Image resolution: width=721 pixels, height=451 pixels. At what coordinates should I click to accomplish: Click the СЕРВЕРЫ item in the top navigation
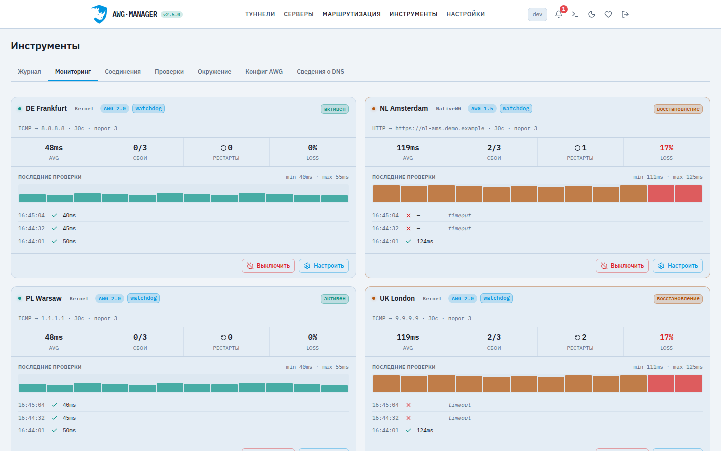(x=299, y=14)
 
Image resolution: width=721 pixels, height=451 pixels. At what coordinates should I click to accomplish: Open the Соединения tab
(x=123, y=72)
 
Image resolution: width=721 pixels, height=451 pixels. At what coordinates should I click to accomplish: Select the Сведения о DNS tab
(x=320, y=72)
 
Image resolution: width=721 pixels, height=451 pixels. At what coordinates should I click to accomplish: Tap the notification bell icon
(x=559, y=14)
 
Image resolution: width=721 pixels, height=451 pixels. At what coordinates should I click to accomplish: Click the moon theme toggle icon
(x=592, y=14)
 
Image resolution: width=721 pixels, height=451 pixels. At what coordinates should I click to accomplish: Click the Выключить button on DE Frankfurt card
(x=268, y=266)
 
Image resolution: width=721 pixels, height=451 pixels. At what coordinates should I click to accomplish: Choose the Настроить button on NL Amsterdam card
(x=678, y=266)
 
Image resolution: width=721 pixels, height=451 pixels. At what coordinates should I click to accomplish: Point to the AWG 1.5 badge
(x=482, y=109)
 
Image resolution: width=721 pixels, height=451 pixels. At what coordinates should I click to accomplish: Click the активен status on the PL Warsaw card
(x=335, y=298)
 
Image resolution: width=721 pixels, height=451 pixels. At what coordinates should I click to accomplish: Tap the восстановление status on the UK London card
(x=678, y=298)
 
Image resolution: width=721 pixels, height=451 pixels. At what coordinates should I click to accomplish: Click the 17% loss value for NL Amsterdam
(x=666, y=148)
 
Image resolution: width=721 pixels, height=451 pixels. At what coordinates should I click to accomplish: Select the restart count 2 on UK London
(x=584, y=337)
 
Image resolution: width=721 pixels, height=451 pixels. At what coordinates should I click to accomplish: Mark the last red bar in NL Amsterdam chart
(x=688, y=194)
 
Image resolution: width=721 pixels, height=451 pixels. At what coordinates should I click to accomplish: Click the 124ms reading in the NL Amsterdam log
(x=425, y=241)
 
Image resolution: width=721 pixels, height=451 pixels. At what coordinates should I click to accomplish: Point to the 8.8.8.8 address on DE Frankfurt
(x=53, y=128)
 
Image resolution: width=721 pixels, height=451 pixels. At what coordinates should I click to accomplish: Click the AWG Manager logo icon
(x=99, y=14)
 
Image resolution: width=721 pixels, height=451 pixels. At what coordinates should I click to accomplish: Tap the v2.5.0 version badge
(x=172, y=14)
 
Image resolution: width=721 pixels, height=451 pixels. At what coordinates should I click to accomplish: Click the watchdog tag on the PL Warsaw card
(x=143, y=298)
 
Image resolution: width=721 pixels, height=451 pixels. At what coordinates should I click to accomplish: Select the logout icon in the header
(x=625, y=14)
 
